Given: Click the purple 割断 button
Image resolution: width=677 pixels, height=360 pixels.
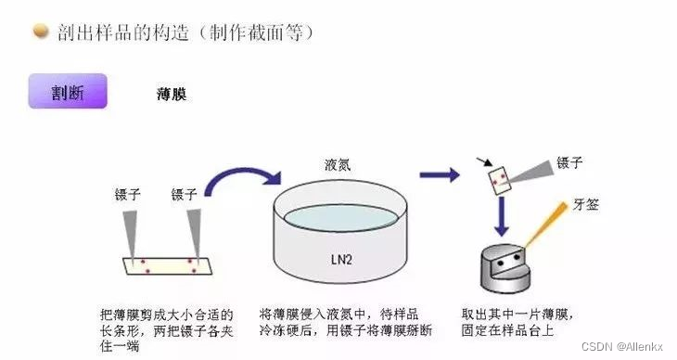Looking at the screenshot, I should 67,92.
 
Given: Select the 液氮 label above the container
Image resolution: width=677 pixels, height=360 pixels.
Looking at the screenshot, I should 338,164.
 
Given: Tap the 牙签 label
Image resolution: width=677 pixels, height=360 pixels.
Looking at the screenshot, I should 587,204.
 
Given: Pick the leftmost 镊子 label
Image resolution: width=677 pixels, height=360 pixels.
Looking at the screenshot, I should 127,194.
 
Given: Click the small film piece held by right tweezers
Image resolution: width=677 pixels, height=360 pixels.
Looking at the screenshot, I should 501,177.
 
